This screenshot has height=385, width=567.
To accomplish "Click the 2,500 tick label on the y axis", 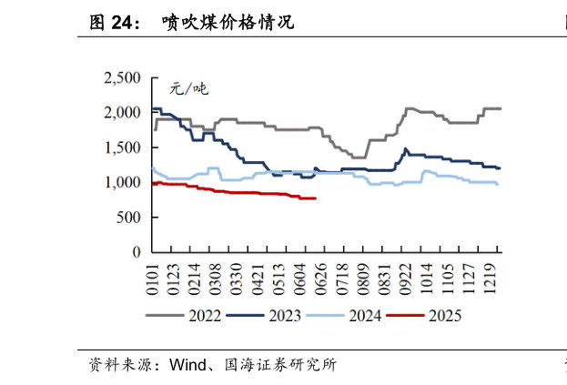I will (123, 78).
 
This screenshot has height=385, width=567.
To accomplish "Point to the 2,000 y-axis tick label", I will (123, 113).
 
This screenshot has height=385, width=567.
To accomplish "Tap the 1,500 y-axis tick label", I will (123, 147).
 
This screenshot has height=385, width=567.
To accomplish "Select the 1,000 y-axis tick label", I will (123, 182).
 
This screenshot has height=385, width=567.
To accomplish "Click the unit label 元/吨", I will (188, 89).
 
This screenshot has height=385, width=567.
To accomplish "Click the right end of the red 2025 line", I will (316, 198).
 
